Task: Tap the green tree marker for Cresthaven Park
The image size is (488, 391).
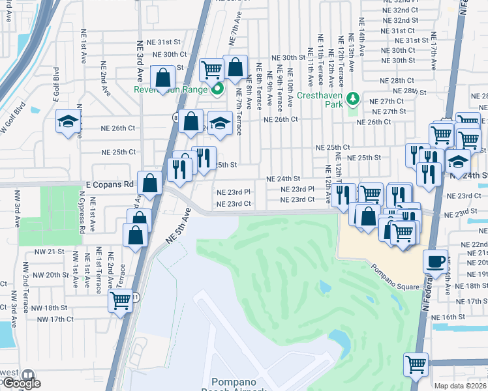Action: (353, 98)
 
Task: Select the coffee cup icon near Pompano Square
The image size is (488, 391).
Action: (435, 261)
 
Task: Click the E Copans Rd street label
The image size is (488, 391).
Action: (110, 184)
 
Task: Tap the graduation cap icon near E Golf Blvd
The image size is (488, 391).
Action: (68, 122)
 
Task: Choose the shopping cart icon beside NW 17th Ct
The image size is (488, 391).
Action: (120, 301)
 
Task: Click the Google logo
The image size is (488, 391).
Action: (21, 384)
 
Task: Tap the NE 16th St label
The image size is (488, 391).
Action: (454, 317)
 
